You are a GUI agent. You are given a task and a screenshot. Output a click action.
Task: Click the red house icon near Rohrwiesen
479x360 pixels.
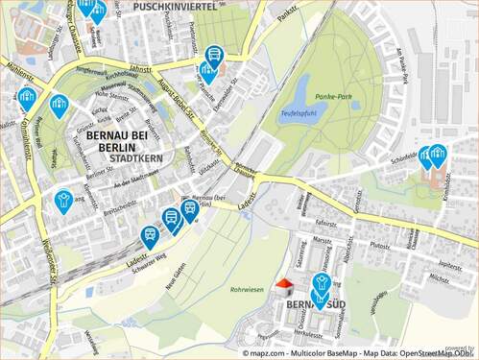[283, 285]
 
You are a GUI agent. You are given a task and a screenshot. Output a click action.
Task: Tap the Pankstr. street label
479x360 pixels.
[287, 13]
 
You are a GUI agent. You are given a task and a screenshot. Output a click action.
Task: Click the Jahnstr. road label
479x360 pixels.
[141, 69]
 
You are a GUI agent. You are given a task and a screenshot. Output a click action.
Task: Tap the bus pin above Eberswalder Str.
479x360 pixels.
[213, 58]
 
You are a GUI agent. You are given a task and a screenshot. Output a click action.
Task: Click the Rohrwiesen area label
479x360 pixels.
[247, 288]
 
